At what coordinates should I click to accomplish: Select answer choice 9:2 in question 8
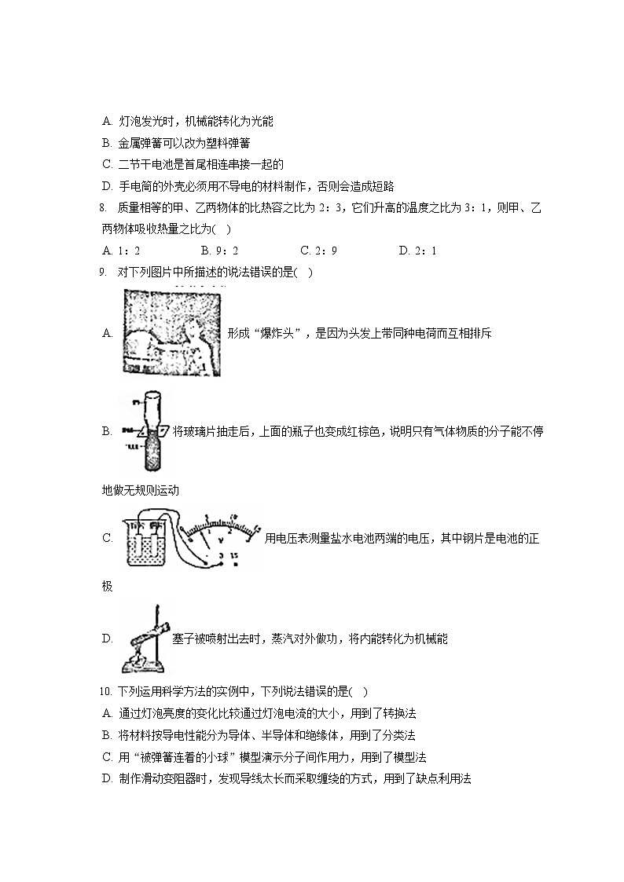pos(219,251)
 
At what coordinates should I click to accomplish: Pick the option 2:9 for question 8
pos(318,251)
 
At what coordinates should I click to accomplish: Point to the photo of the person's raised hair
pos(171,333)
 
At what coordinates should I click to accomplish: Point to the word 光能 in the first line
pos(261,121)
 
